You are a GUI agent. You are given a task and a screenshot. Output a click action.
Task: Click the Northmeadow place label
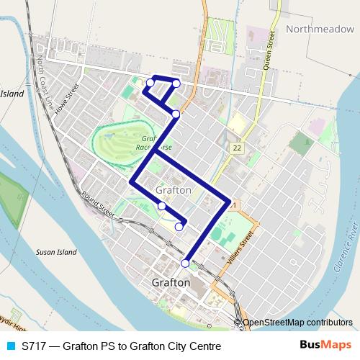pos(318,30)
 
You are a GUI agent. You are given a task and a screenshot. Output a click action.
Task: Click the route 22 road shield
pos(236,148)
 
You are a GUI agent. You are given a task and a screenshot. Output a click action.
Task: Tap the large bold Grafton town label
pos(171,283)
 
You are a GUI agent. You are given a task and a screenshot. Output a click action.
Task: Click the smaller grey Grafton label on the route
pos(173,190)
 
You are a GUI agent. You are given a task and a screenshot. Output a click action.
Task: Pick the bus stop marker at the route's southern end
pos(185,264)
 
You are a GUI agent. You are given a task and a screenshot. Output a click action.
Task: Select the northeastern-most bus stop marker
pos(176,84)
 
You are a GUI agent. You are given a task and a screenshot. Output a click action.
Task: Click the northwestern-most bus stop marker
pos(150,84)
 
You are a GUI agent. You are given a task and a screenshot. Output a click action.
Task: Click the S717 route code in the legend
pos(35,346)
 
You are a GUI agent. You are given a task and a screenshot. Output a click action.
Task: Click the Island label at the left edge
pos(12,94)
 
